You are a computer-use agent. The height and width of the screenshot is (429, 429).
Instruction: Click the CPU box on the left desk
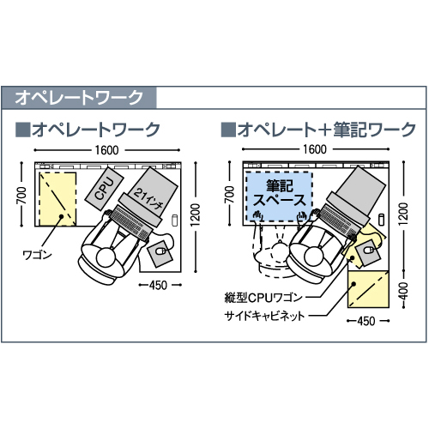[104, 189]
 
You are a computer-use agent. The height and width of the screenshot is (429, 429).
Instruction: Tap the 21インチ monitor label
[148, 198]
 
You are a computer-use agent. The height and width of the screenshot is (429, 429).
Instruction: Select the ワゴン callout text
[37, 255]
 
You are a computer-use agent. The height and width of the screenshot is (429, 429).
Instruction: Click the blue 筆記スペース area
[279, 196]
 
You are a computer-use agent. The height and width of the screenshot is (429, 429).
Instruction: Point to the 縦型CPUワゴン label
[263, 298]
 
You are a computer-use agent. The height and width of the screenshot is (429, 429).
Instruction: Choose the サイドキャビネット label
[264, 317]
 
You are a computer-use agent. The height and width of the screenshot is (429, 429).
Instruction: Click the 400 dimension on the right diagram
[403, 290]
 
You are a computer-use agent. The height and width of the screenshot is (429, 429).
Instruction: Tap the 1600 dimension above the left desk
[106, 150]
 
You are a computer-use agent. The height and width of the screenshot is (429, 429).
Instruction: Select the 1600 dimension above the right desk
[315, 149]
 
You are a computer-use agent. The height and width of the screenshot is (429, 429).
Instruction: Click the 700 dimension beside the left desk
[21, 195]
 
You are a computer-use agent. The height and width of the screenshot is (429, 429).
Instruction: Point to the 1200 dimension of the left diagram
[196, 214]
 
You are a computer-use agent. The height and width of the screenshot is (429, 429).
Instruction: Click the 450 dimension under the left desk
[158, 285]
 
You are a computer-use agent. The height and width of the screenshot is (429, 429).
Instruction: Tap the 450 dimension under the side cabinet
[366, 321]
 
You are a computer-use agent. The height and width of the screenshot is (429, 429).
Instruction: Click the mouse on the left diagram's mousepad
[160, 251]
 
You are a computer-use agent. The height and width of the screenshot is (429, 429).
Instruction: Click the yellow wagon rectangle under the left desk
[57, 199]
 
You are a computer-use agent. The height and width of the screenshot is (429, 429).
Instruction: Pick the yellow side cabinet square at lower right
[368, 289]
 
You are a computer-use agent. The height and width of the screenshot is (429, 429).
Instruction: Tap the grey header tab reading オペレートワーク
[79, 97]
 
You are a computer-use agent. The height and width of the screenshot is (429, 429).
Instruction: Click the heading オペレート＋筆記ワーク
[326, 130]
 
